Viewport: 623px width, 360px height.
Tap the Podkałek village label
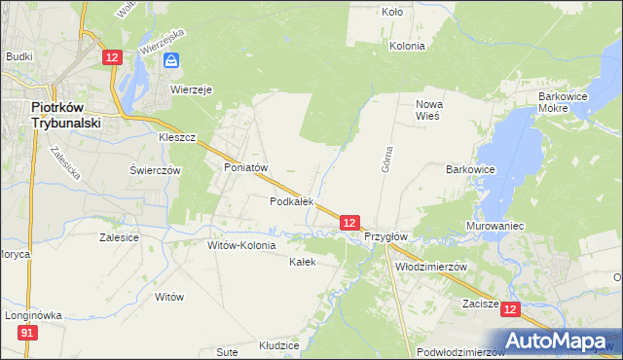(x=291, y=201)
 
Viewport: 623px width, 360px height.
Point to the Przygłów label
(x=385, y=236)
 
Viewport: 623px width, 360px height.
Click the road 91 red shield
(x=27, y=334)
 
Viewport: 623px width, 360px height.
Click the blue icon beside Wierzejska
(x=171, y=61)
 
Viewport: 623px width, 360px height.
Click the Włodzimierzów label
(x=432, y=266)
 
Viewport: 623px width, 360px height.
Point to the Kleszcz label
(x=178, y=138)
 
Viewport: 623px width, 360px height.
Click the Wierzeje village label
(x=192, y=89)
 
